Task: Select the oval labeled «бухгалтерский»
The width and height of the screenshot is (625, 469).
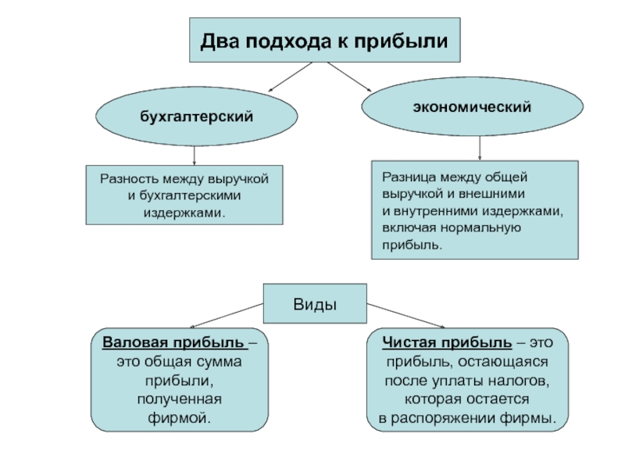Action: [x=197, y=116]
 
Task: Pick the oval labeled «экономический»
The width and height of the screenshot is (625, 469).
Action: [x=473, y=106]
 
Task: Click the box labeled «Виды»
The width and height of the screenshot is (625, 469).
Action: [x=315, y=303]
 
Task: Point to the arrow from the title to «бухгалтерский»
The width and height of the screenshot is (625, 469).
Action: [x=290, y=77]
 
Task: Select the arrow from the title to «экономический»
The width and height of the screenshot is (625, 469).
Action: [x=349, y=77]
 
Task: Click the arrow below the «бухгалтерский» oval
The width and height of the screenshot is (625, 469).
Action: [x=194, y=156]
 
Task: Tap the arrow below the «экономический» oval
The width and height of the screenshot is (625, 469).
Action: [x=480, y=148]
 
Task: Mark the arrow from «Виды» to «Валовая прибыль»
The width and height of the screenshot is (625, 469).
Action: [x=227, y=316]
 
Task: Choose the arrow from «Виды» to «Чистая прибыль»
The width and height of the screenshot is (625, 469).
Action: [x=405, y=316]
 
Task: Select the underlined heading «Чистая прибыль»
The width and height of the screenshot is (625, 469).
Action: [x=447, y=342]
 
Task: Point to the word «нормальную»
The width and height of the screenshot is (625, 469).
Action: [x=480, y=228]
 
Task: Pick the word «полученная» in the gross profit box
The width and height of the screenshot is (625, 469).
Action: [x=180, y=399]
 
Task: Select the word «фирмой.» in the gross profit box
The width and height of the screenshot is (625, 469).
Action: [x=180, y=418]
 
